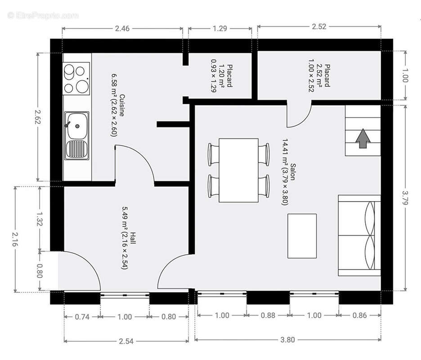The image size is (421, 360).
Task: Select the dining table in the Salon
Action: click(x=238, y=170)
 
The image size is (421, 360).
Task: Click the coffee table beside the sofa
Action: click(x=302, y=236)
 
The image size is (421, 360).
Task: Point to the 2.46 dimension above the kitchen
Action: click(x=122, y=29)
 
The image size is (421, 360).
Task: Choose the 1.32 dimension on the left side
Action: click(x=40, y=219)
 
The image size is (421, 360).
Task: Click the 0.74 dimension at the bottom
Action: click(x=81, y=316)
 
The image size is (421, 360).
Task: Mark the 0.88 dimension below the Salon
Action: click(x=268, y=315)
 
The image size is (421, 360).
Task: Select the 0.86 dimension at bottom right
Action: click(x=360, y=315)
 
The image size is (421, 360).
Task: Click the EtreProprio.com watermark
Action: click(x=43, y=15)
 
